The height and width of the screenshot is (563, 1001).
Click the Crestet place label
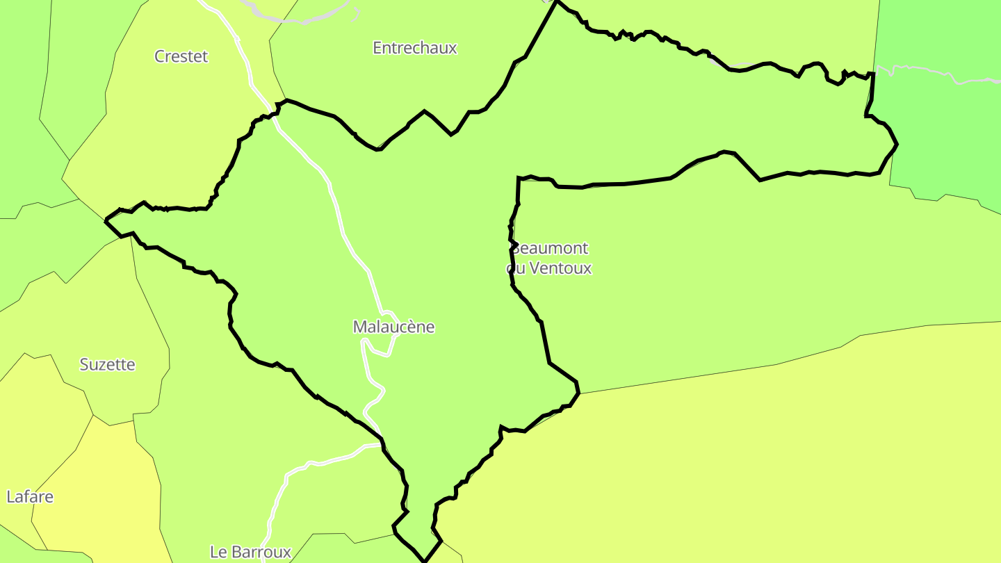point(181,56)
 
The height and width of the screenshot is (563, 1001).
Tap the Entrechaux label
point(415,48)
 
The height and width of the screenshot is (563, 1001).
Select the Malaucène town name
point(393,327)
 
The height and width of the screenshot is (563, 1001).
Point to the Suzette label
point(107,364)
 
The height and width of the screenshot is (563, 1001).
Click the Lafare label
point(30,497)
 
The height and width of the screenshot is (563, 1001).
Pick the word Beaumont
point(551,248)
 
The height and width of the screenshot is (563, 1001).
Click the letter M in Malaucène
point(360,327)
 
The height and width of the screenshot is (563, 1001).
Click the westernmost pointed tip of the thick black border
point(106,220)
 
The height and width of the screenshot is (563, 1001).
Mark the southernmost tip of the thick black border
point(424,560)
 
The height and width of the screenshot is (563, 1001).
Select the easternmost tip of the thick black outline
point(897,145)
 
